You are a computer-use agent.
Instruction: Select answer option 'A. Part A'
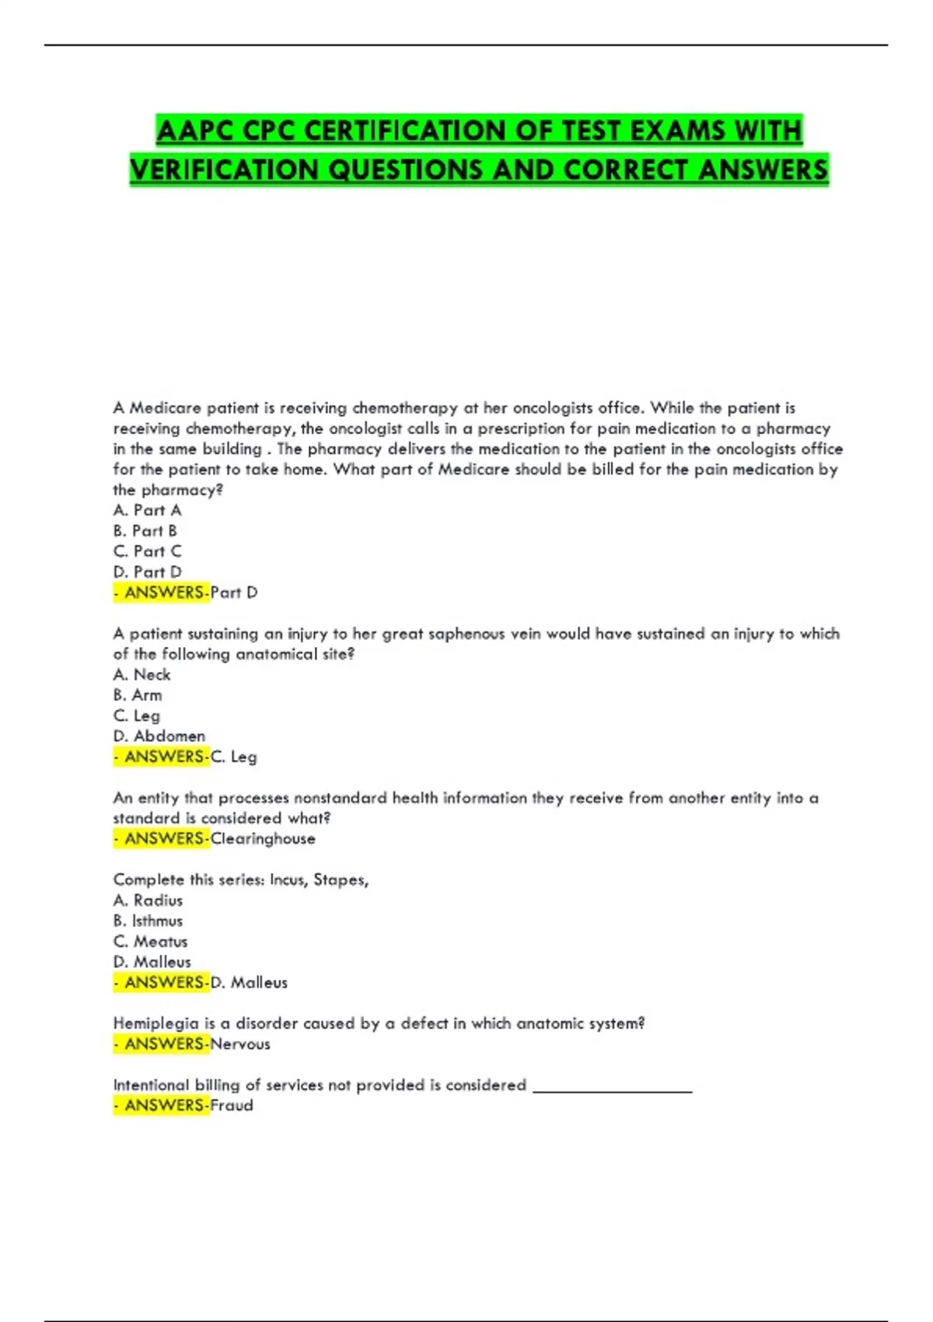[147, 510]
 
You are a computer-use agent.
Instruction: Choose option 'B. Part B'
[145, 530]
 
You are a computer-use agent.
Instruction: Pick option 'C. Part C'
[147, 551]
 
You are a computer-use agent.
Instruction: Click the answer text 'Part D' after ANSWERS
[233, 593]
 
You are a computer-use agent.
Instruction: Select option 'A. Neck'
[142, 674]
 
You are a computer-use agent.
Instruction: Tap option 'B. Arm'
[138, 695]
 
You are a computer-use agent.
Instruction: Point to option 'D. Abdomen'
[159, 736]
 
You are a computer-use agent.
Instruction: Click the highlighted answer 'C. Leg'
[233, 757]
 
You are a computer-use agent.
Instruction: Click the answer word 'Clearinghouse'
[263, 838]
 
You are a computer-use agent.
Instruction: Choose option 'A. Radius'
[148, 901]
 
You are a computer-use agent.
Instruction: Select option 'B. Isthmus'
[148, 921]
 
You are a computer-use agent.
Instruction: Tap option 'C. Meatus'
[150, 941]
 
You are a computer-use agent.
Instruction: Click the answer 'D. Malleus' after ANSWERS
[249, 982]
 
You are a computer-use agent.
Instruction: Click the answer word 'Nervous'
[240, 1044]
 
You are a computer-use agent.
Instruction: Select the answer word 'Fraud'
[232, 1105]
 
